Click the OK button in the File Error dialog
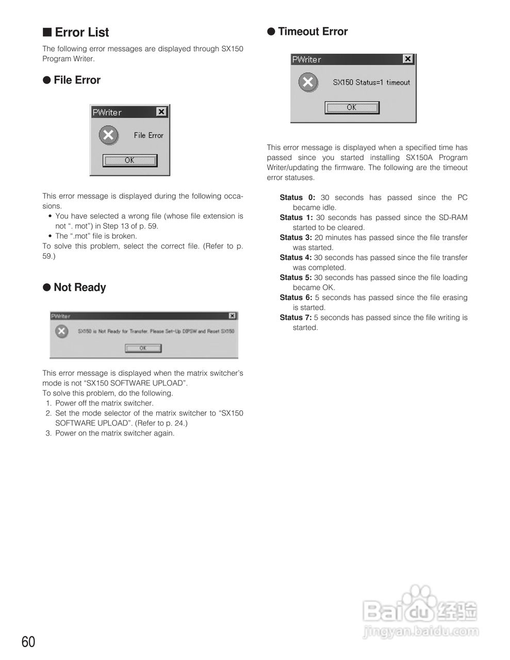(x=129, y=160)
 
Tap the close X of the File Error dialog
(x=161, y=111)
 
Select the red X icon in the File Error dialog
(x=108, y=136)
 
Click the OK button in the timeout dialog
(x=352, y=107)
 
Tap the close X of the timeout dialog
(x=408, y=59)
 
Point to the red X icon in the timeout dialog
(x=308, y=82)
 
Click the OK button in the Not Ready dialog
(x=143, y=348)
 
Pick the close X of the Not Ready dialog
(x=232, y=316)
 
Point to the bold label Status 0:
(x=297, y=197)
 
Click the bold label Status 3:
(x=295, y=238)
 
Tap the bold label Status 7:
(x=295, y=318)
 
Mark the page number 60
(x=28, y=642)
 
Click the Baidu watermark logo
(x=420, y=612)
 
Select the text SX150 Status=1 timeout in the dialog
(x=371, y=82)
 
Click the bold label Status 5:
(x=295, y=277)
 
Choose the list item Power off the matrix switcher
(x=104, y=403)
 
